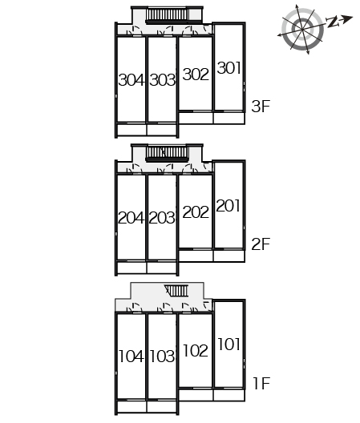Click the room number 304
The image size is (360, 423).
131,80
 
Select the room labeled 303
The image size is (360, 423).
163,80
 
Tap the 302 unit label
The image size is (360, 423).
196,75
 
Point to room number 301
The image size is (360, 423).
229,68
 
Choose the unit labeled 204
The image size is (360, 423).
131,218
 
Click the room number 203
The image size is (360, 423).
162,218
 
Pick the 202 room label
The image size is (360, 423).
196,212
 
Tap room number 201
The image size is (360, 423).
229,206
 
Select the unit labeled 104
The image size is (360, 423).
131,357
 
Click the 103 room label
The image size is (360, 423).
162,357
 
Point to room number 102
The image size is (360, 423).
196,350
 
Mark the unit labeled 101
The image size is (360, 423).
229,344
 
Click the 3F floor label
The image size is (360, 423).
261,106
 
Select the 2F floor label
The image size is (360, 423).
261,244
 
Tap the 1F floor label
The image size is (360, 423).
261,383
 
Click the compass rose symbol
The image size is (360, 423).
302,29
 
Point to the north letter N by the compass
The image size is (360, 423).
333,22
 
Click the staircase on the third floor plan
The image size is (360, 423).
168,15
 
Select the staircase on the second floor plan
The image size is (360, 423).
167,153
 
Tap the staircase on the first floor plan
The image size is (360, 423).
177,291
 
